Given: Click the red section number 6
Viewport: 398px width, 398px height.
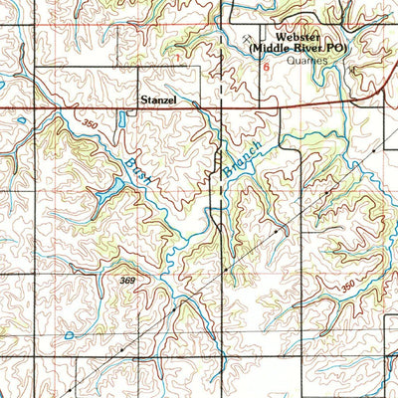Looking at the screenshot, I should point(267,67).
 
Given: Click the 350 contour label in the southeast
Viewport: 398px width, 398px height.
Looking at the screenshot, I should point(347,288).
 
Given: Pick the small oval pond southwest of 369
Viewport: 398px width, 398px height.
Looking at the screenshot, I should point(68,335).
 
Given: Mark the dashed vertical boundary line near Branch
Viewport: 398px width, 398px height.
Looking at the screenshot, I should point(219,179).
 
